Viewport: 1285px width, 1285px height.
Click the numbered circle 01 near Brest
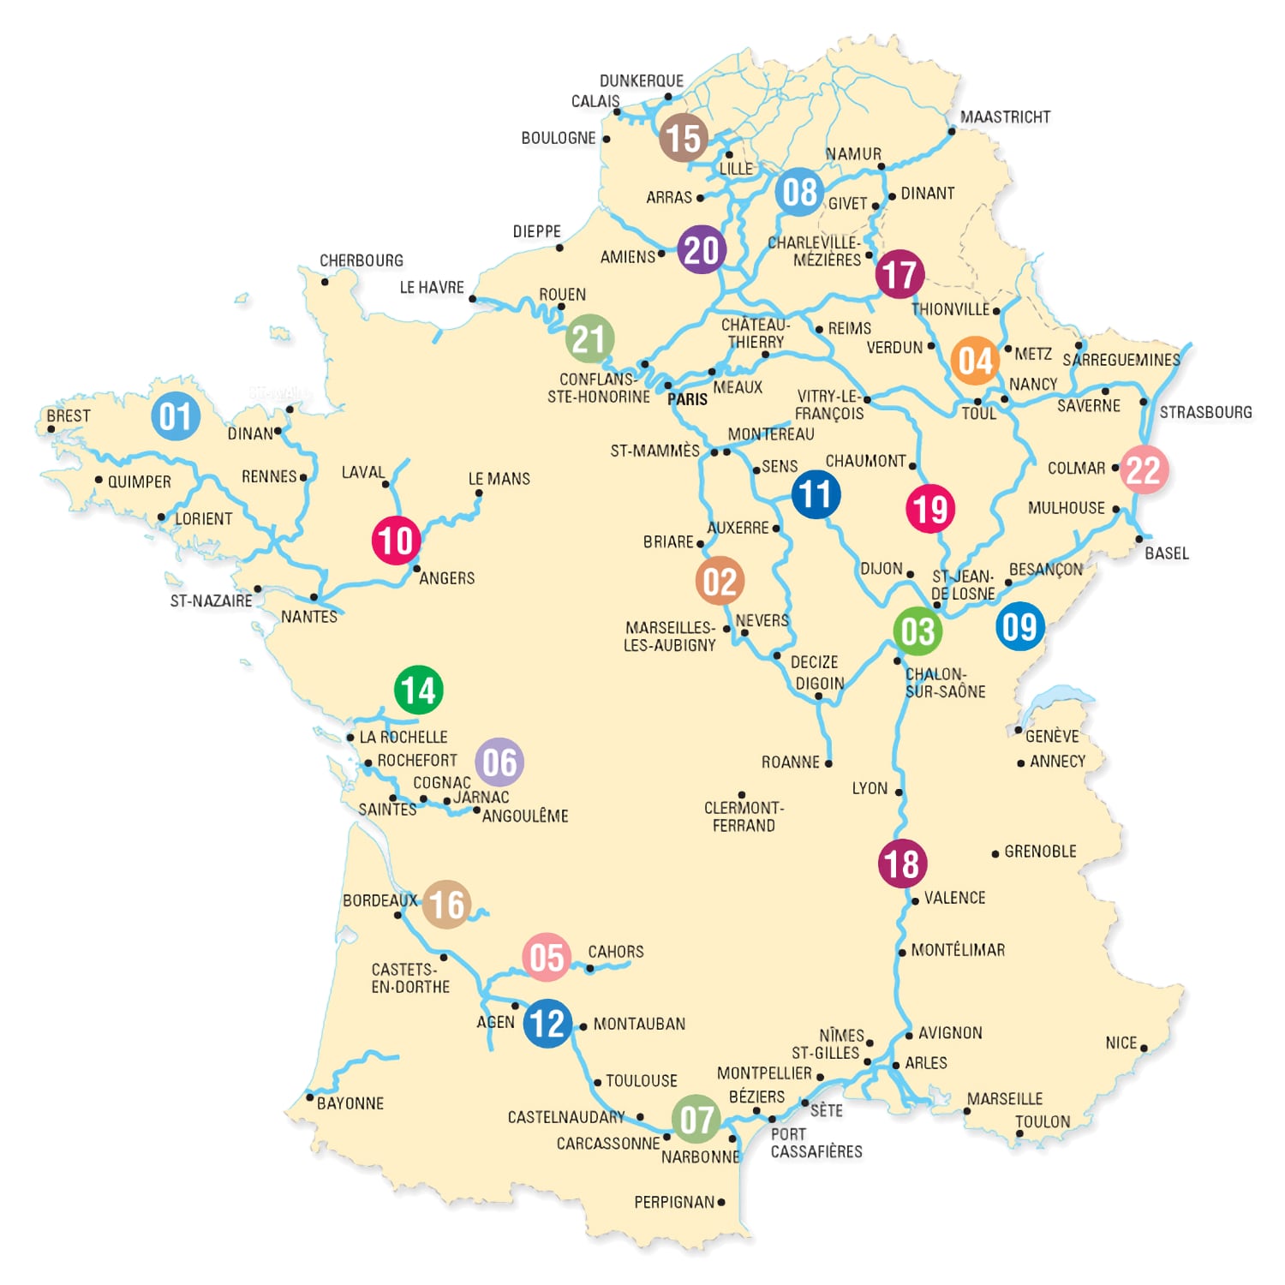(x=176, y=416)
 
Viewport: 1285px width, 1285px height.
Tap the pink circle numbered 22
(x=1144, y=469)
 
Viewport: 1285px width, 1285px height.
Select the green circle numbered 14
(x=418, y=690)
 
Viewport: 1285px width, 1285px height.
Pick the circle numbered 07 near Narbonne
(x=696, y=1119)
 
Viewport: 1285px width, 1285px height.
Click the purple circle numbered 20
(x=702, y=249)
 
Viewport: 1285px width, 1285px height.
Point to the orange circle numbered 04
(x=975, y=361)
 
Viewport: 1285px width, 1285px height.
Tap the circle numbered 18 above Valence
(x=902, y=864)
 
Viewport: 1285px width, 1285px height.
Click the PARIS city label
(x=688, y=399)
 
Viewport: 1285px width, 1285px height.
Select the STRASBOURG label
(x=1205, y=412)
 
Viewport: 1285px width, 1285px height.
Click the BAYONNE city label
(x=350, y=1103)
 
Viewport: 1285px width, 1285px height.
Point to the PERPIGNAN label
(x=673, y=1202)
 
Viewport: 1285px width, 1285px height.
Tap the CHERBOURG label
(x=361, y=260)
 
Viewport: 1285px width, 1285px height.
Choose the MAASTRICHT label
(x=1005, y=117)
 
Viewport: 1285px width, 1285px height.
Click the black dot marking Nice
(x=1144, y=1048)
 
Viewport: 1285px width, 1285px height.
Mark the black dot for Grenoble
(x=995, y=853)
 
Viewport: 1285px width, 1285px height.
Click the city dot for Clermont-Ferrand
(x=741, y=795)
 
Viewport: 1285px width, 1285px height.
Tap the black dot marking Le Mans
(x=479, y=493)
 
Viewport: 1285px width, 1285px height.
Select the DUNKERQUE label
(x=641, y=81)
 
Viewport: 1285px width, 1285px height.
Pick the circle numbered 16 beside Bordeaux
(x=446, y=904)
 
